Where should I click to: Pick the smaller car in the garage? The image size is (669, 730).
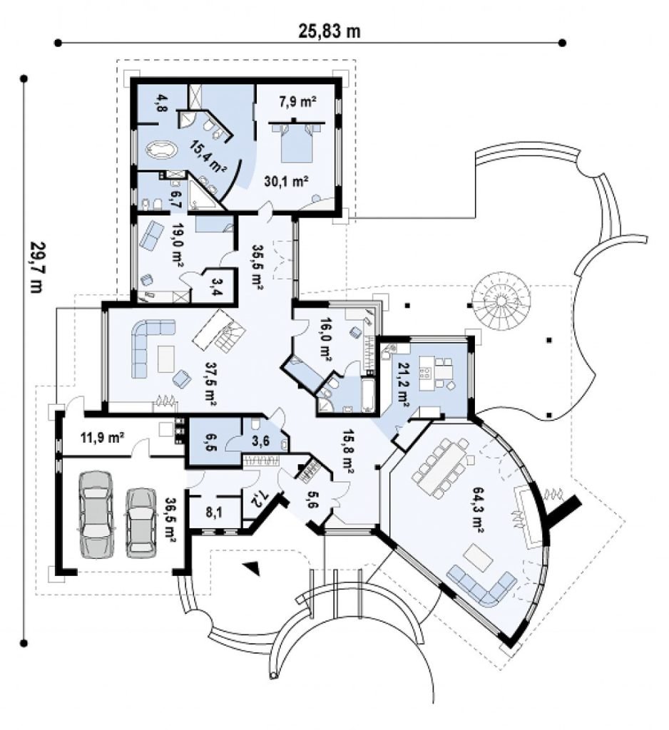click(x=141, y=522)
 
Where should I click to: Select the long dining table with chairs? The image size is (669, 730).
click(x=440, y=467)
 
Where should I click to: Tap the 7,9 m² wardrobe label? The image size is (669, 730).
click(x=297, y=103)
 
